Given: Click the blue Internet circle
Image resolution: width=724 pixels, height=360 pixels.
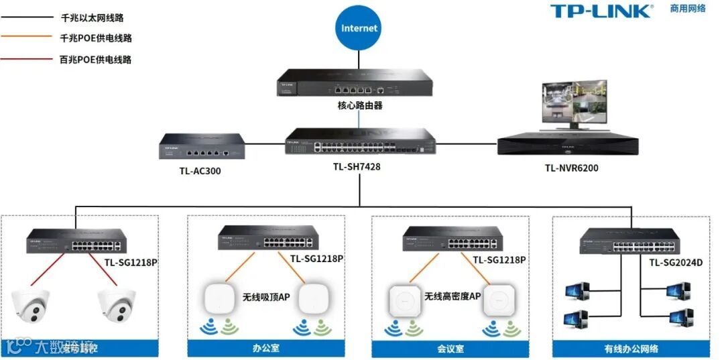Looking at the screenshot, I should coord(359,29).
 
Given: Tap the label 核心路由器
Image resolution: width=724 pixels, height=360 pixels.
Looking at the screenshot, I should coord(360,106).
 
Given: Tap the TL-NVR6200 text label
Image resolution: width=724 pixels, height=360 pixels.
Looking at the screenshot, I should coord(571,168).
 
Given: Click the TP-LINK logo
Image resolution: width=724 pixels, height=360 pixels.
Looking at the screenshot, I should coord(601,11).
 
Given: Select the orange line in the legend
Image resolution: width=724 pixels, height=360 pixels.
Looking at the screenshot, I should coord(27,38).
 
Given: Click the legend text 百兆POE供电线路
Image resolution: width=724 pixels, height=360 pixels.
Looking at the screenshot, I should coord(96,60).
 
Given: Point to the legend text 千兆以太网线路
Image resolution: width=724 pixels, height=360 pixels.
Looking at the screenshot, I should coord(93,18).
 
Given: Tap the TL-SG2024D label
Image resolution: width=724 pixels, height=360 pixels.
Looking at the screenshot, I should coord(675,262).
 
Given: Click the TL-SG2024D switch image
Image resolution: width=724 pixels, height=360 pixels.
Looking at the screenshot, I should coord(630,242).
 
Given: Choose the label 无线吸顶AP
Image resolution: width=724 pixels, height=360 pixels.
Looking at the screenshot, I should coord(266,296).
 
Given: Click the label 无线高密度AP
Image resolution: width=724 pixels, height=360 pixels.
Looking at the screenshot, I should coord(452,296).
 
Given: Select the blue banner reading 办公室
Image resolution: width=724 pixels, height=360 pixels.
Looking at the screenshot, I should coord(265,349).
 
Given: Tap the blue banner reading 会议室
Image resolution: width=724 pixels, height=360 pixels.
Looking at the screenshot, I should coord(450,349).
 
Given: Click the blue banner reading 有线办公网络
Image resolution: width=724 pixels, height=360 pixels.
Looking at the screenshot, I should coord(631,349).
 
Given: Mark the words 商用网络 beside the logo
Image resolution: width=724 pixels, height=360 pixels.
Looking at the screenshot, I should coord(688,9).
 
